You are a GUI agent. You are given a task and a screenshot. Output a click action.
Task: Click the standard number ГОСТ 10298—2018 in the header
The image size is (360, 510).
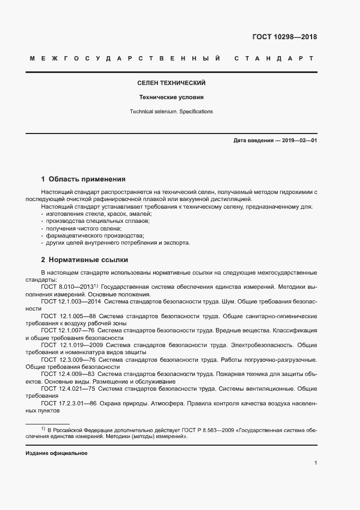pyautogui.click(x=284, y=37)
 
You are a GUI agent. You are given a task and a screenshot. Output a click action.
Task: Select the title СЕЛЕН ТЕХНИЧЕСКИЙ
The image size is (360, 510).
pyautogui.click(x=171, y=83)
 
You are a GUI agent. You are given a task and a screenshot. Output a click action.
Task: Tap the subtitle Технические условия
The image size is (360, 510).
pyautogui.click(x=171, y=98)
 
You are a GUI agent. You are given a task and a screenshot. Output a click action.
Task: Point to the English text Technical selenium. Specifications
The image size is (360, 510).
pyautogui.click(x=171, y=111)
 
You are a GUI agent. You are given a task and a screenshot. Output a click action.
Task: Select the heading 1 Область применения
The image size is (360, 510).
pyautogui.click(x=83, y=179)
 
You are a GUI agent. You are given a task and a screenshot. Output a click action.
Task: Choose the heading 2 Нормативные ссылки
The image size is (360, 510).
pyautogui.click(x=84, y=259)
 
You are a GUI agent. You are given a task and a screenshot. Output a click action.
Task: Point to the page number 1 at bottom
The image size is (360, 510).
pyautogui.click(x=315, y=463)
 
